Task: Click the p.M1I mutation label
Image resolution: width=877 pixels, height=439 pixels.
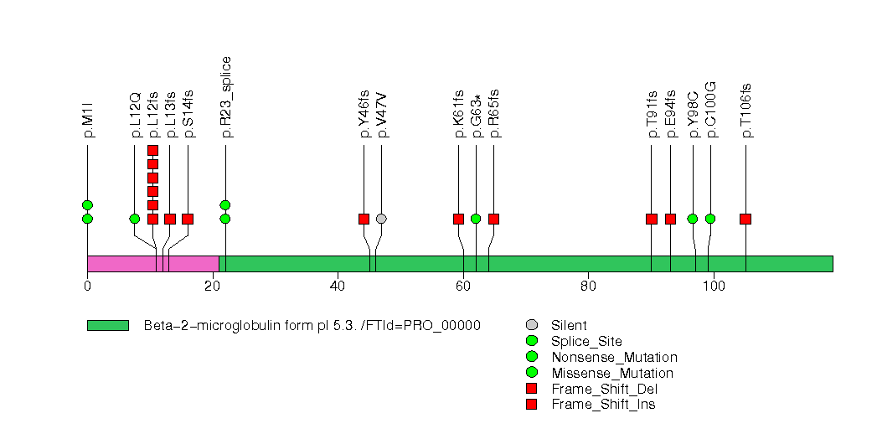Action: click(90, 119)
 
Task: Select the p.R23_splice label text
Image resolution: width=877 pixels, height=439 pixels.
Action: click(224, 97)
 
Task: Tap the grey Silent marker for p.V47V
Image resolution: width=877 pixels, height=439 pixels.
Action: click(381, 219)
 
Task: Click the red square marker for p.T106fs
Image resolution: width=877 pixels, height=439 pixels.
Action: click(745, 219)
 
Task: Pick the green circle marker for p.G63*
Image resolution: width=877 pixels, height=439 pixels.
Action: click(476, 219)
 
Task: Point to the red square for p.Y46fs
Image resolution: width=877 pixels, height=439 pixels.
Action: click(364, 219)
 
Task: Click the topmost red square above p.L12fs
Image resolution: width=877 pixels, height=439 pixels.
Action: click(152, 151)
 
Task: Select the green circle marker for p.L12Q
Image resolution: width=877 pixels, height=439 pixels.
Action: click(135, 219)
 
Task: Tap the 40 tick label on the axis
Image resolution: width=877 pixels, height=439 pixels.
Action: click(338, 287)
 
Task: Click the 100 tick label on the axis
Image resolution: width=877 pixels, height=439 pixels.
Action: click(714, 287)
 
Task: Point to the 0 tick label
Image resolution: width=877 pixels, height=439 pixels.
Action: click(87, 287)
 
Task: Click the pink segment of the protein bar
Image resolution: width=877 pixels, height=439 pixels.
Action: click(152, 263)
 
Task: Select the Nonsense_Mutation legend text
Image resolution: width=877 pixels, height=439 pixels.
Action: click(614, 357)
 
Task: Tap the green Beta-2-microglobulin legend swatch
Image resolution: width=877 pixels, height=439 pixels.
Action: click(108, 325)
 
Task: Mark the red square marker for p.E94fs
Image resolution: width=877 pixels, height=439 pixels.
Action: click(670, 219)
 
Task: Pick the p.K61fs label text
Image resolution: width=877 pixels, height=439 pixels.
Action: click(459, 114)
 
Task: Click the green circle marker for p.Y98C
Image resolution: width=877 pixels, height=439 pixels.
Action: click(693, 219)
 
